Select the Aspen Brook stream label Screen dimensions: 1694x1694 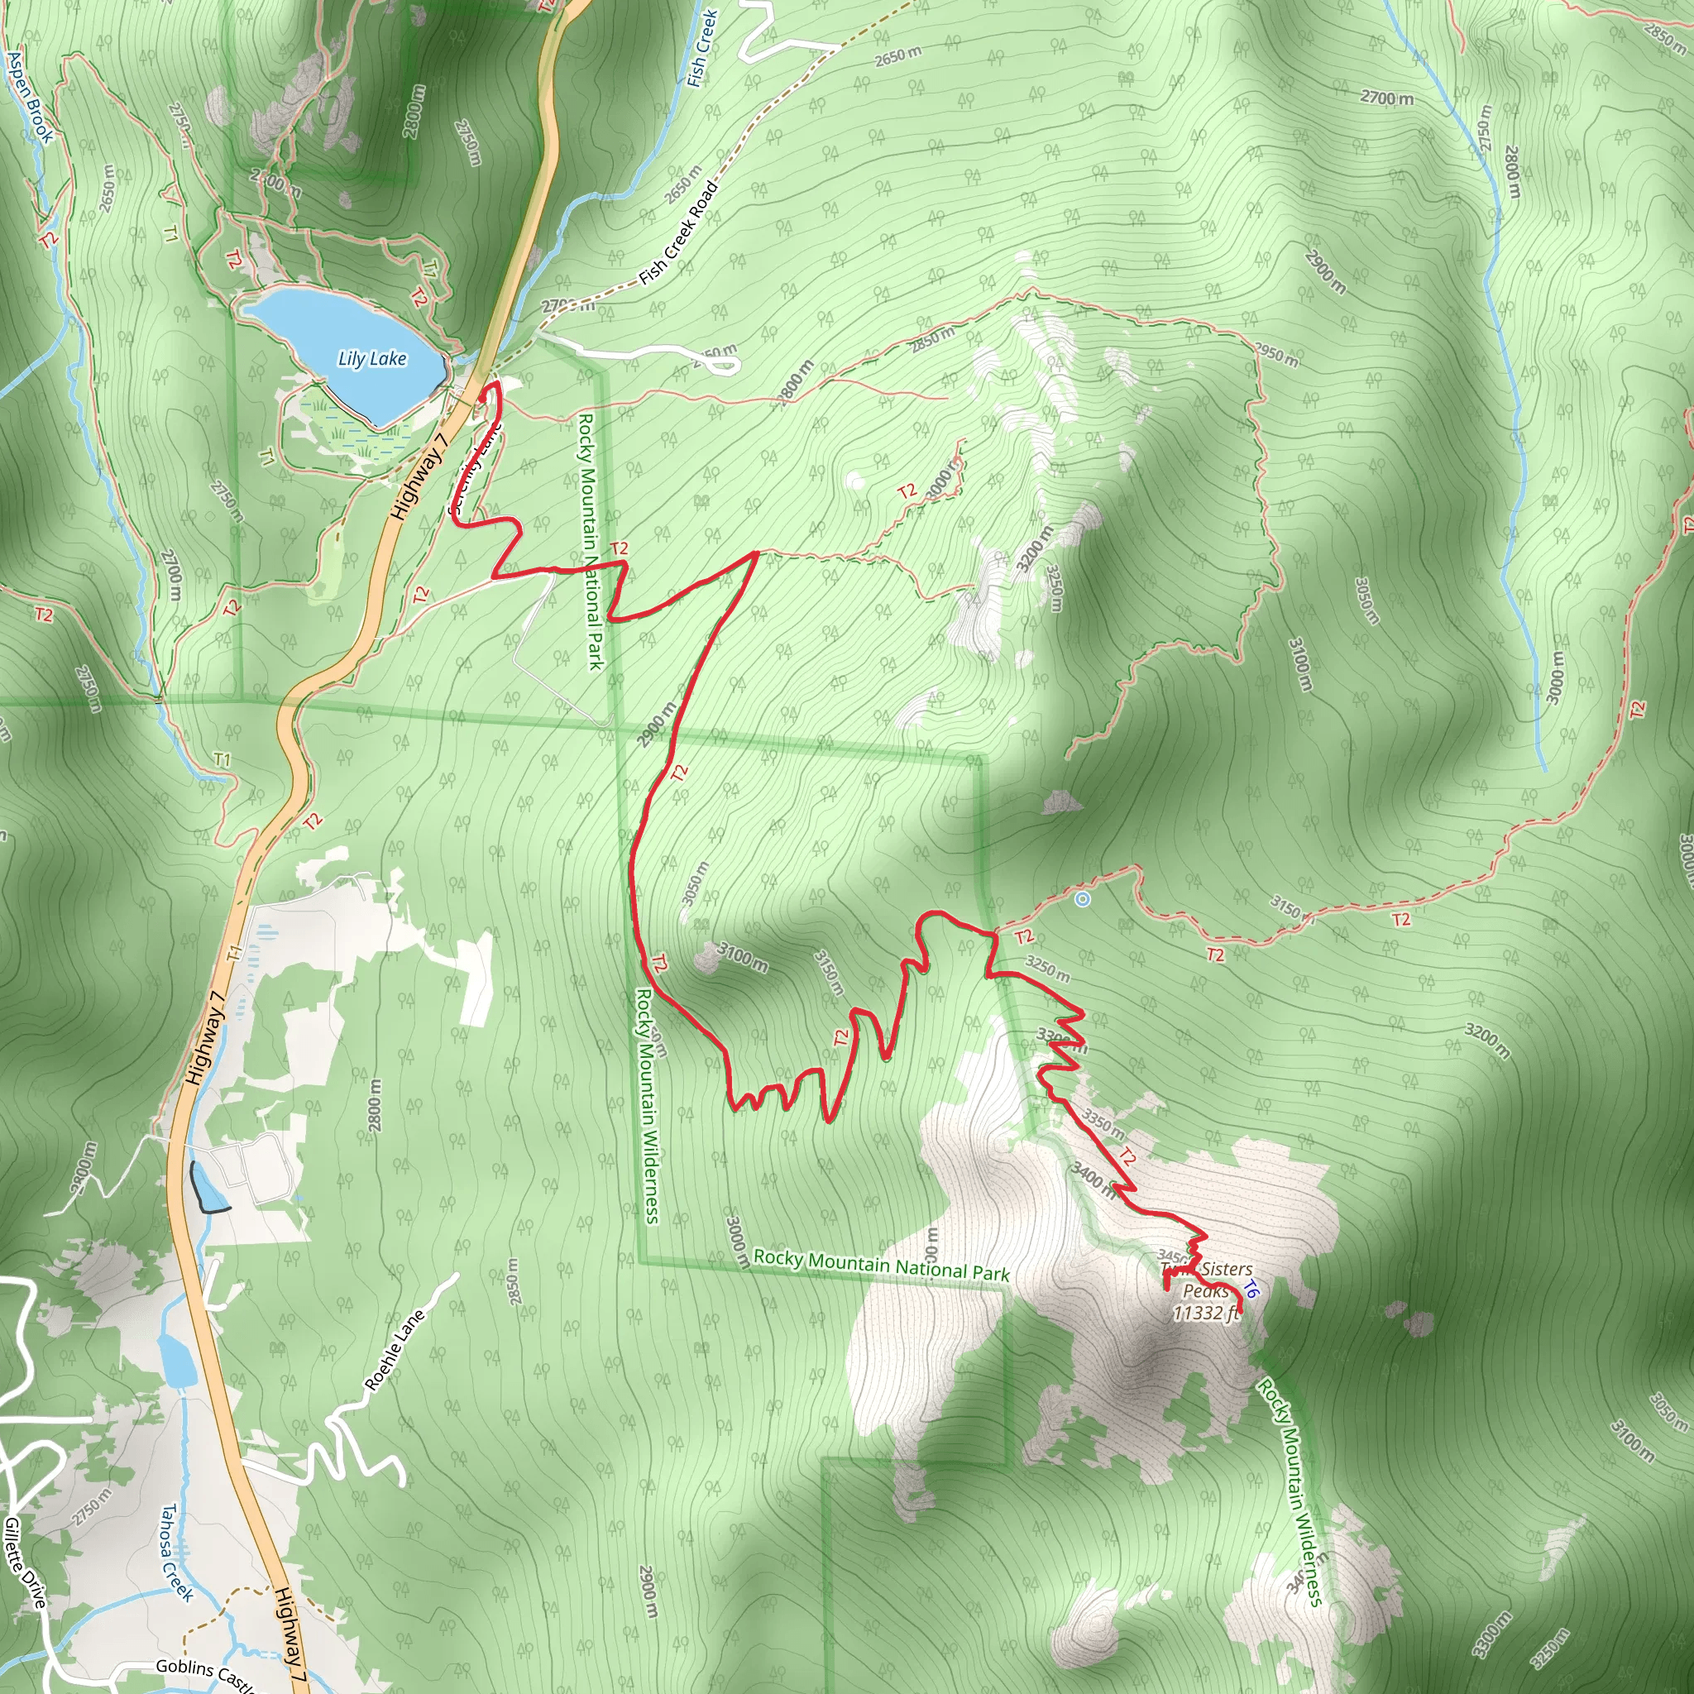pyautogui.click(x=30, y=97)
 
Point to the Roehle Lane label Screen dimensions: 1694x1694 pyautogui.click(x=395, y=1350)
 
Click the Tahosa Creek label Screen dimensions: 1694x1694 pyautogui.click(x=176, y=1553)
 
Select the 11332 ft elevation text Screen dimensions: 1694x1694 pyautogui.click(x=1207, y=1313)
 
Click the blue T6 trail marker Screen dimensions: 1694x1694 pyautogui.click(x=1251, y=1290)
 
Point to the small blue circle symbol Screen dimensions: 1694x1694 pyautogui.click(x=1083, y=899)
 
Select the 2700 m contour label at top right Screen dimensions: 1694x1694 pyautogui.click(x=1386, y=98)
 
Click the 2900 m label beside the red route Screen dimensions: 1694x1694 pyautogui.click(x=657, y=725)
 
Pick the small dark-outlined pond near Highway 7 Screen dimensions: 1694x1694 pyautogui.click(x=208, y=1188)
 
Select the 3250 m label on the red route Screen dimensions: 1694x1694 pyautogui.click(x=1047, y=969)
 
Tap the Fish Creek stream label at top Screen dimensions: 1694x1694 pyautogui.click(x=702, y=48)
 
